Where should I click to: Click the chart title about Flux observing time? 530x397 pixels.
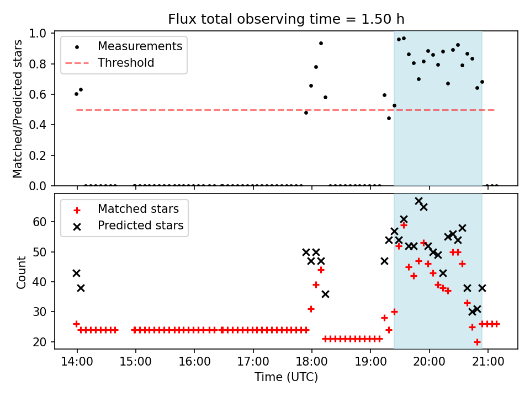(286, 19)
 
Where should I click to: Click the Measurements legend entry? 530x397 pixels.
(140, 46)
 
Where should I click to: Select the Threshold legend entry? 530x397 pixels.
(126, 63)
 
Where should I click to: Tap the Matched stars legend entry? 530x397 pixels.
(138, 209)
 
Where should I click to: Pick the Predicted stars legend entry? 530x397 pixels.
(140, 226)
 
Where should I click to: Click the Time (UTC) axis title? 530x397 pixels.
(286, 377)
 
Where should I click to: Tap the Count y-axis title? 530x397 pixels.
(22, 272)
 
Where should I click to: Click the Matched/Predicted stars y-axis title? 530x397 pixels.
(18, 109)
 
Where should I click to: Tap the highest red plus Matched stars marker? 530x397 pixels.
(404, 225)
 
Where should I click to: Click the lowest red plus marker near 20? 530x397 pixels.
(477, 342)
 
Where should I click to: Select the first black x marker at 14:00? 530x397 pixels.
(76, 273)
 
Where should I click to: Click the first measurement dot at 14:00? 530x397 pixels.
(76, 94)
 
